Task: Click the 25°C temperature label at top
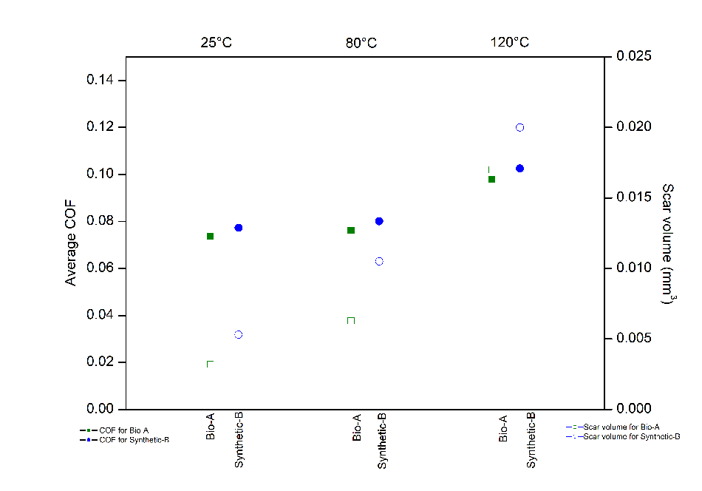(217, 42)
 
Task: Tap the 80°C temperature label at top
(361, 42)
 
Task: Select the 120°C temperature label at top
(510, 42)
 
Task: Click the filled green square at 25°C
(210, 236)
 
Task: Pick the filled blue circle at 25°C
(239, 228)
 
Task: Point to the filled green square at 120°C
(491, 179)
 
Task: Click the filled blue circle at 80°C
(379, 221)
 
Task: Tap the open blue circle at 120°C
(519, 127)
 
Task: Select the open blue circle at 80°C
(379, 261)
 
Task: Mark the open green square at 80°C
(351, 320)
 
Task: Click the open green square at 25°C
(210, 363)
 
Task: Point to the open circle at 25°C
(239, 334)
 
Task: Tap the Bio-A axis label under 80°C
(357, 427)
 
